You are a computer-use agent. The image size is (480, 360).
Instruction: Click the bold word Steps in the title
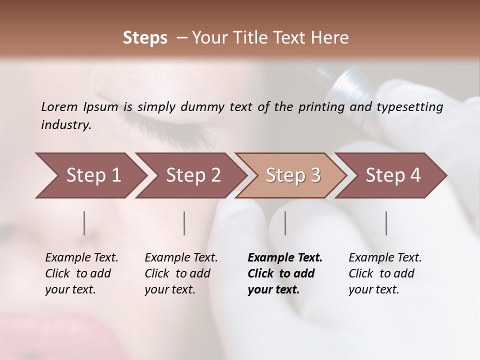pyautogui.click(x=145, y=38)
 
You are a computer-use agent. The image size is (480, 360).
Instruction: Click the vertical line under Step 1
pyautogui.click(x=84, y=223)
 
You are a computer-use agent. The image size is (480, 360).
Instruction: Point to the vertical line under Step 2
pyautogui.click(x=184, y=223)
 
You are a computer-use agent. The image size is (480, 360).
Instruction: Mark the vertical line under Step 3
pyautogui.click(x=285, y=223)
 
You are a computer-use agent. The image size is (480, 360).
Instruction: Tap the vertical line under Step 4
pyautogui.click(x=386, y=223)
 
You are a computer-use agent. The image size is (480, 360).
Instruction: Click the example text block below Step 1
pyautogui.click(x=81, y=273)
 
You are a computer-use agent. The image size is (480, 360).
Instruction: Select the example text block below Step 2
pyautogui.click(x=181, y=273)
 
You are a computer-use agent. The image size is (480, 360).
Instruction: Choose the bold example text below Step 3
pyautogui.click(x=285, y=273)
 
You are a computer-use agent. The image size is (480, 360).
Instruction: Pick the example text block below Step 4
pyautogui.click(x=385, y=273)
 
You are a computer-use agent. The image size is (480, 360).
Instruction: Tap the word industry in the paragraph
pyautogui.click(x=66, y=125)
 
